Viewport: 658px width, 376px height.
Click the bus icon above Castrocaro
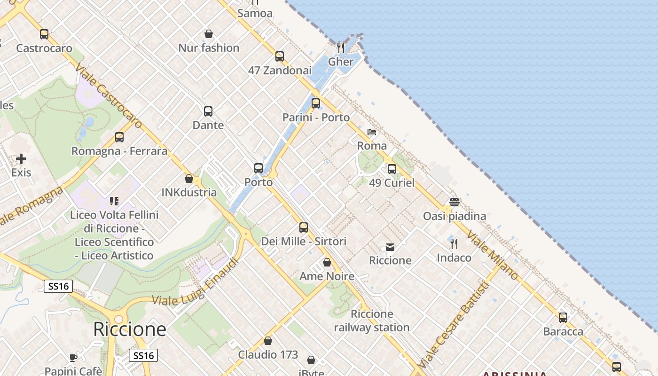click(44, 34)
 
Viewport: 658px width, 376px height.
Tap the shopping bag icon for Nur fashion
click(209, 34)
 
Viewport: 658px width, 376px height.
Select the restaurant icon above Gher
click(341, 47)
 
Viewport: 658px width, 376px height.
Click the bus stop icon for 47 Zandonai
click(280, 56)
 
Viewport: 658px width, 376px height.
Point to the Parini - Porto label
click(316, 117)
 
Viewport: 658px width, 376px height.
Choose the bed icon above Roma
click(372, 132)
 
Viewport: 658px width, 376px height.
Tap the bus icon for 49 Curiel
click(392, 169)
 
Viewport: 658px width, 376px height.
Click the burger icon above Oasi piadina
click(454, 202)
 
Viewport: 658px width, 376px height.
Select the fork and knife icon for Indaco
click(454, 243)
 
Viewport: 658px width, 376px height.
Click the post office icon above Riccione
click(390, 247)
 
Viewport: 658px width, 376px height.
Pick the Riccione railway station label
click(372, 321)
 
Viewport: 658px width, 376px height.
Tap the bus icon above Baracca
click(563, 318)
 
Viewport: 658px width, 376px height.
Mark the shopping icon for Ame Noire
click(327, 262)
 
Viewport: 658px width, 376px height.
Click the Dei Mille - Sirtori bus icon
click(304, 227)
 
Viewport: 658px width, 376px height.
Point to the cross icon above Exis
click(21, 159)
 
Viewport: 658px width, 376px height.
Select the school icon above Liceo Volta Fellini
click(114, 201)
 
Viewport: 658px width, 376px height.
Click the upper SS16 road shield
click(58, 286)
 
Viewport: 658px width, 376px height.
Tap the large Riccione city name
click(130, 329)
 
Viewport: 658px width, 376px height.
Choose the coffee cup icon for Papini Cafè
click(73, 358)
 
